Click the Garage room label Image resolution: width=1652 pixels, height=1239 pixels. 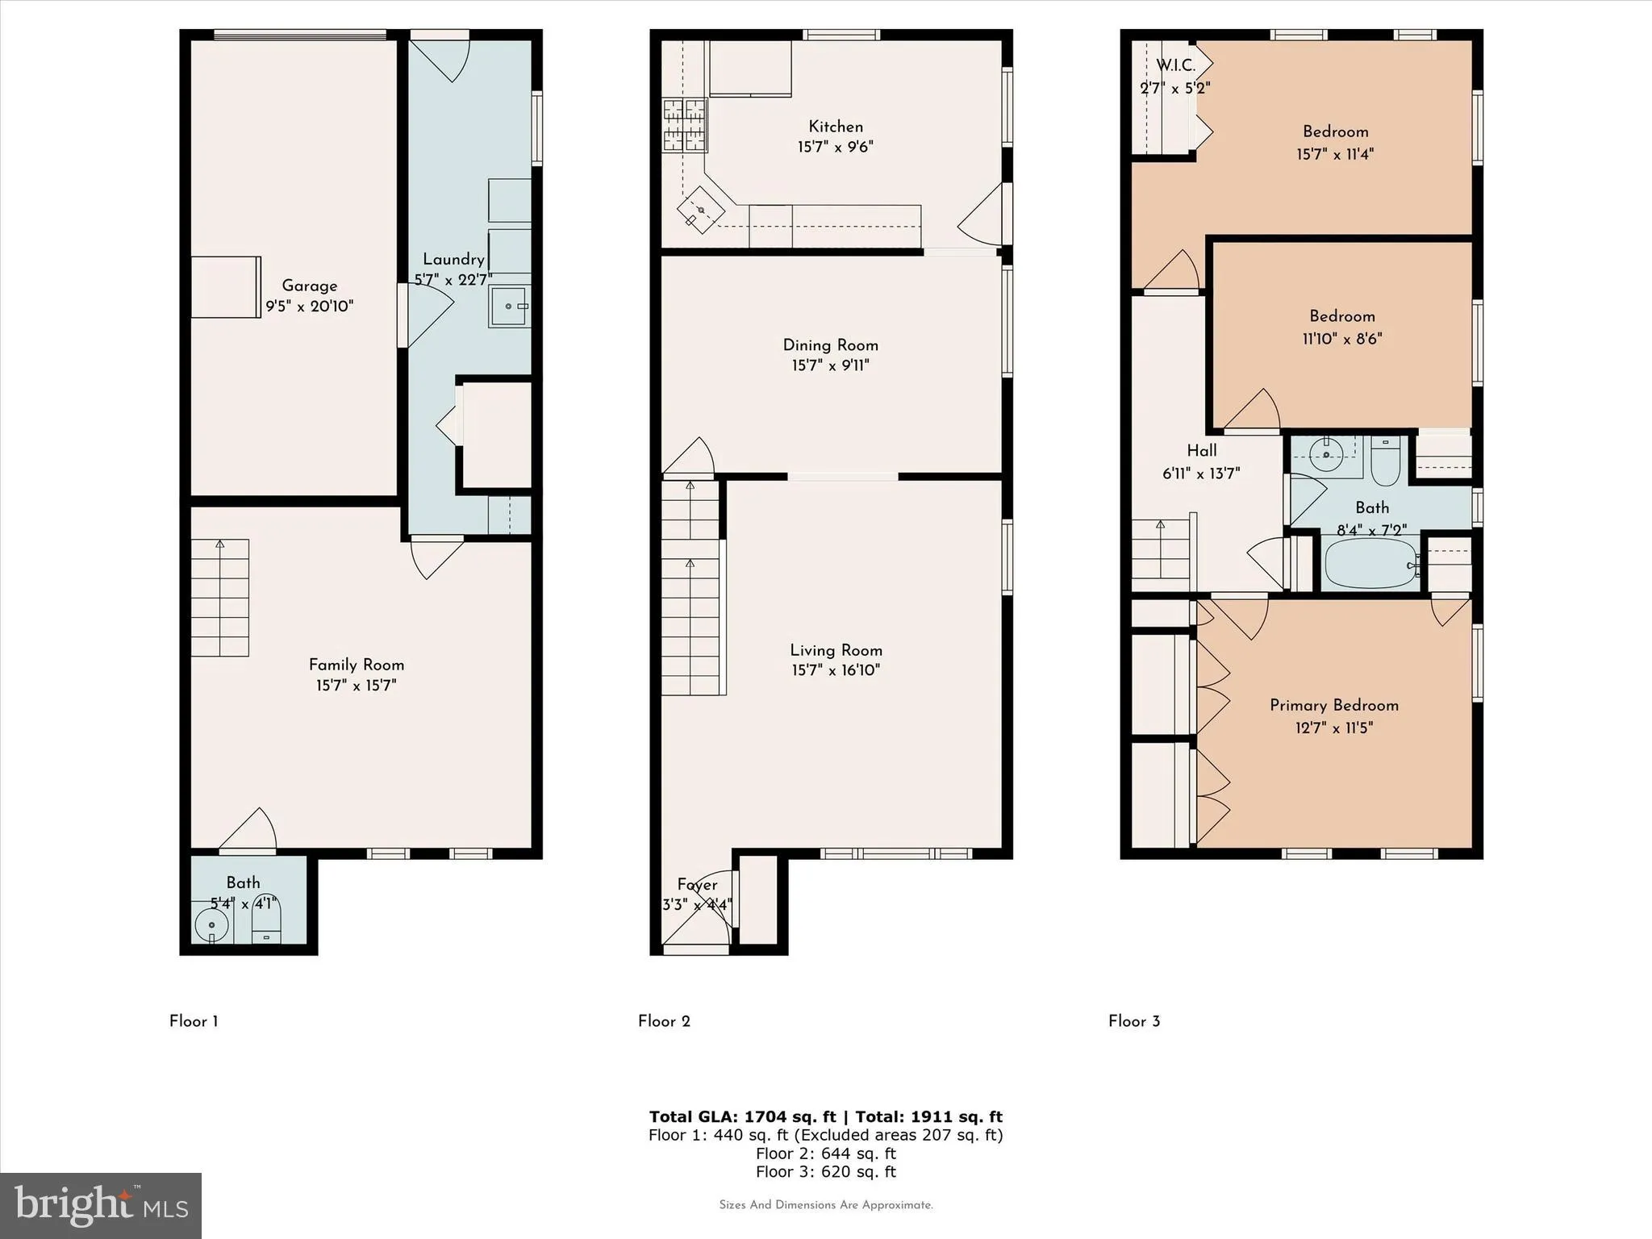coord(310,286)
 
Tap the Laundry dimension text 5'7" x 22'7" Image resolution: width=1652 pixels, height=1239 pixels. coord(453,280)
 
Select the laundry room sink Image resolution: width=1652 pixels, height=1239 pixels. coord(509,307)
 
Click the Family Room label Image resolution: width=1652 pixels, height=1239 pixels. coord(356,665)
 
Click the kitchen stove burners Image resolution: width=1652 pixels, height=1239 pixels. coord(684,125)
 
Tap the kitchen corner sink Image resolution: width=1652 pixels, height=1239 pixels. coord(699,211)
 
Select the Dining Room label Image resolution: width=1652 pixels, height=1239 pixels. coord(830,345)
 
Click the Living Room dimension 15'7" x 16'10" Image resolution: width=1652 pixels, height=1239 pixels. coord(835,670)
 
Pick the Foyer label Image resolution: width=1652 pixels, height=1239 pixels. coord(697,885)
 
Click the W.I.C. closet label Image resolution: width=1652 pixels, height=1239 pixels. coord(1175,66)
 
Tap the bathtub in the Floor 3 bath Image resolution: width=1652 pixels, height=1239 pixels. coord(1370,563)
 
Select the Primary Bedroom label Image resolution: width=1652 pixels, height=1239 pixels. coord(1333,705)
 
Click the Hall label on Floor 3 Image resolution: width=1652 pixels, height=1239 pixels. coord(1201,451)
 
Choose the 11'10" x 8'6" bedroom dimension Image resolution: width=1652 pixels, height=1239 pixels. coord(1341,339)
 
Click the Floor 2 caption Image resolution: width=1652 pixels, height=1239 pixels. coord(664,1021)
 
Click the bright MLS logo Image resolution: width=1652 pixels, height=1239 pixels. coord(101,1205)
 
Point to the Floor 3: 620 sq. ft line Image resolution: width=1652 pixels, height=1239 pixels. coord(825,1172)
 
